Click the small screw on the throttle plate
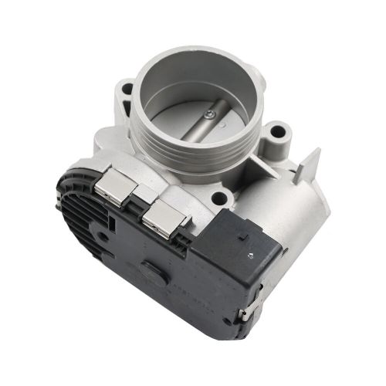209,114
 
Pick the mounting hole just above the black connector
218,198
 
